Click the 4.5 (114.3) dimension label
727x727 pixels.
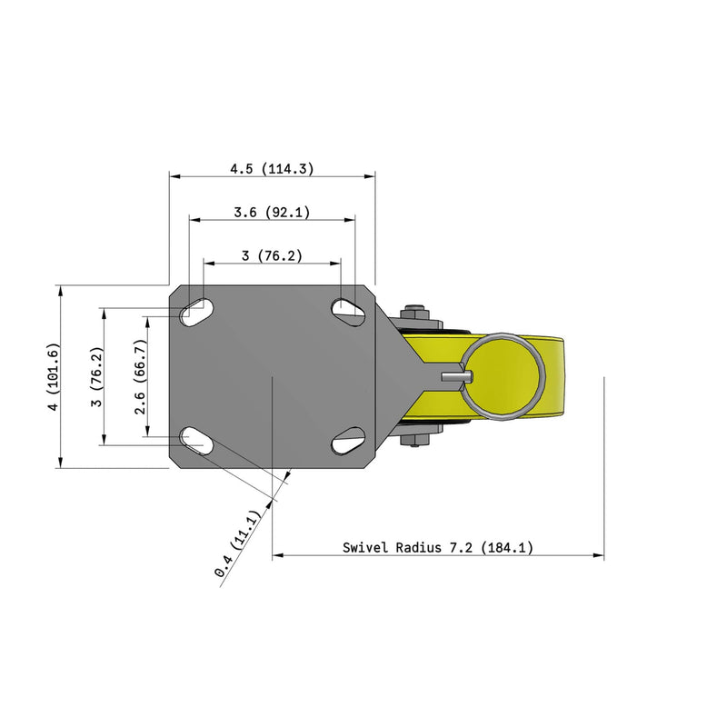tap(272, 168)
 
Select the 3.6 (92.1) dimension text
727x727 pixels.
tap(272, 213)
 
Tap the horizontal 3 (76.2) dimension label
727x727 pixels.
tap(272, 255)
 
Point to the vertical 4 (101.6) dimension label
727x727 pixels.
tap(55, 376)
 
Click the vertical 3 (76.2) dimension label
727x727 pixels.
tap(96, 376)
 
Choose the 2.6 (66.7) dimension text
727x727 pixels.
tap(140, 376)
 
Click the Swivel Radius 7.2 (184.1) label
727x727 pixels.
tap(438, 548)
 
